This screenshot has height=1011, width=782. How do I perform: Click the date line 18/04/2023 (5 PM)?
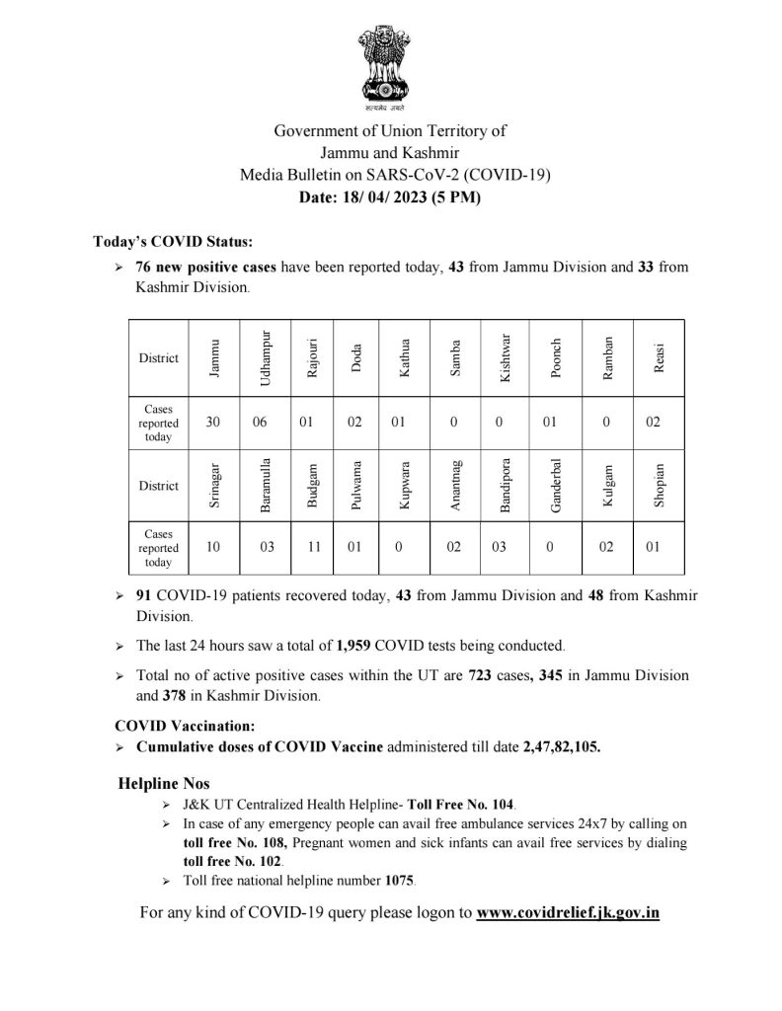(390, 197)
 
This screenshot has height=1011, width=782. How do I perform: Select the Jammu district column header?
(213, 357)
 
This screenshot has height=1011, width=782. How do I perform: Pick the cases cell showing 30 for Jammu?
(213, 422)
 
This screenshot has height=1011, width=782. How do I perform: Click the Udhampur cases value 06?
(260, 422)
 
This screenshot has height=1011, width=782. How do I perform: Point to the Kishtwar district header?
(506, 357)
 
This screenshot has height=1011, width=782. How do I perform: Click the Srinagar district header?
(213, 485)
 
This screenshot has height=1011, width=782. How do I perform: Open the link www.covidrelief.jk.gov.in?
(568, 913)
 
